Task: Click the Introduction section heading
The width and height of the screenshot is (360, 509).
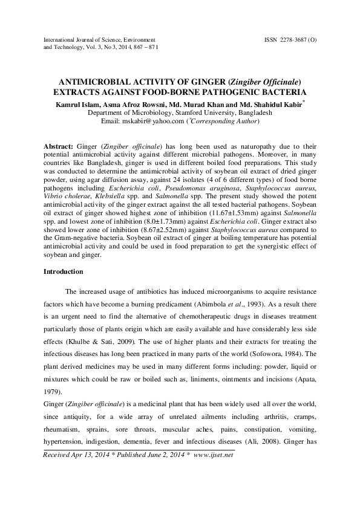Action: (64, 271)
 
